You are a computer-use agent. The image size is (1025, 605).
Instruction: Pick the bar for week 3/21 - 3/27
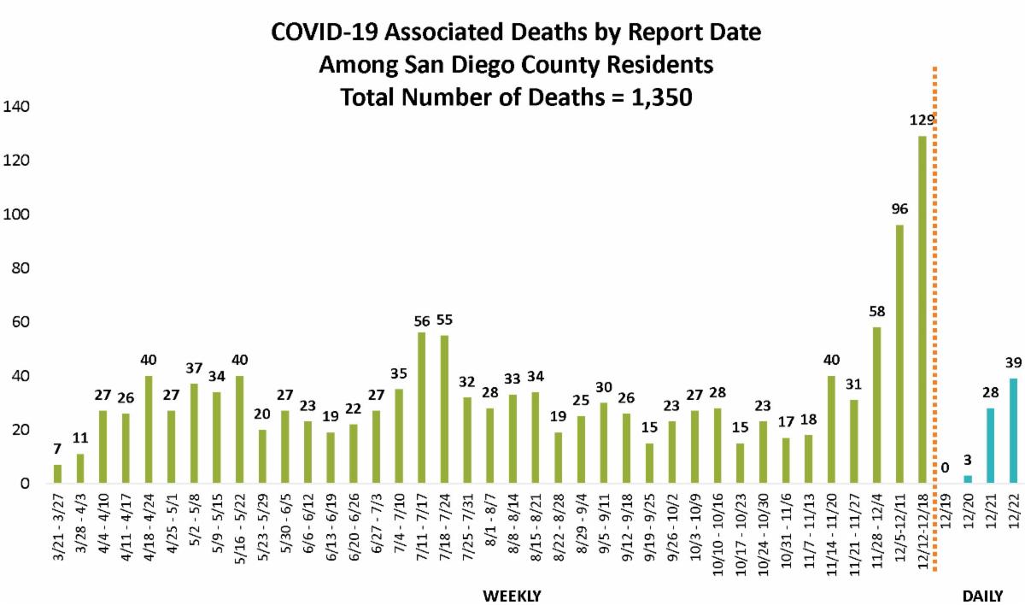(x=58, y=473)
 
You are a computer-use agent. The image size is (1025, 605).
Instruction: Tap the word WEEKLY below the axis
(x=512, y=595)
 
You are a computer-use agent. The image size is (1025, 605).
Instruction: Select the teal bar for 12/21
(x=990, y=445)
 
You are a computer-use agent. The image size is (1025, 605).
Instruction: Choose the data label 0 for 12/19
(x=945, y=467)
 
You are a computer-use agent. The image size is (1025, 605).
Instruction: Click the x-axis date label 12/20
(x=969, y=509)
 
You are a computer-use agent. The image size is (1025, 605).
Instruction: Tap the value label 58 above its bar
(x=877, y=313)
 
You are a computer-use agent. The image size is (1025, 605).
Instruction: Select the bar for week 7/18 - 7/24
(x=444, y=409)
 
